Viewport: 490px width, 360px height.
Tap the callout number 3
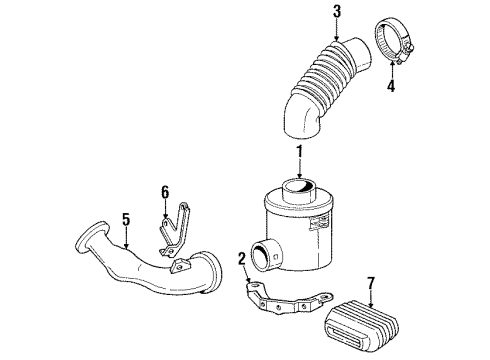pyautogui.click(x=337, y=11)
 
